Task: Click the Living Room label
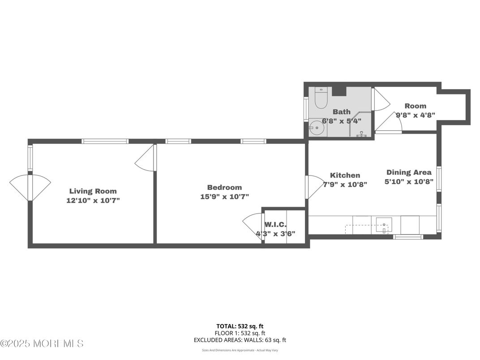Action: pyautogui.click(x=93, y=191)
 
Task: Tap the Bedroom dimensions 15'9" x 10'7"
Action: pyautogui.click(x=225, y=197)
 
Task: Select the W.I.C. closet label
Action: pyautogui.click(x=275, y=224)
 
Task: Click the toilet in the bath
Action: pyautogui.click(x=321, y=98)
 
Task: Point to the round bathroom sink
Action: pyautogui.click(x=317, y=128)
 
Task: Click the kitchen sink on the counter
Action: pyautogui.click(x=384, y=225)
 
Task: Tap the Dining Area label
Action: pyautogui.click(x=409, y=172)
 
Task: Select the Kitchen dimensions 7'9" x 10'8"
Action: pyautogui.click(x=345, y=184)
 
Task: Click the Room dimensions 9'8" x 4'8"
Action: pyautogui.click(x=416, y=115)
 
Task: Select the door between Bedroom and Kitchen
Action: pyautogui.click(x=315, y=187)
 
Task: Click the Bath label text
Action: pyautogui.click(x=342, y=112)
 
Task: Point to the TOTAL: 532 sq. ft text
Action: pyautogui.click(x=240, y=326)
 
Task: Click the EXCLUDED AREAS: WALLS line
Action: pyautogui.click(x=240, y=340)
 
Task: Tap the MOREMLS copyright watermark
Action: pyautogui.click(x=42, y=343)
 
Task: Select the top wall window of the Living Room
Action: pyautogui.click(x=105, y=141)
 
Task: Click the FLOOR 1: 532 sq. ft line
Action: pyautogui.click(x=240, y=333)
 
